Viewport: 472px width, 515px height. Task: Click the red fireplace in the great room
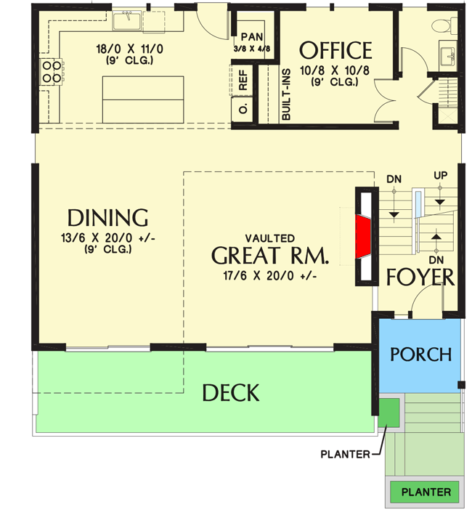pyautogui.click(x=362, y=237)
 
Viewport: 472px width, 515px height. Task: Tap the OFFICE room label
pyautogui.click(x=335, y=50)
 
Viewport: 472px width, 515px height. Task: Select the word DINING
pyautogui.click(x=107, y=217)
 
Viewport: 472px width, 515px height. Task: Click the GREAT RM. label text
pyautogui.click(x=270, y=256)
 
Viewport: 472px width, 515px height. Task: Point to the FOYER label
pyautogui.click(x=420, y=277)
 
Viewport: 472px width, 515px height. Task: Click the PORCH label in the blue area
pyautogui.click(x=420, y=354)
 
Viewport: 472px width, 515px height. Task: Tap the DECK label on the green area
pyautogui.click(x=230, y=393)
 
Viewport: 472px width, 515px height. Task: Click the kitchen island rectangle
pyautogui.click(x=143, y=100)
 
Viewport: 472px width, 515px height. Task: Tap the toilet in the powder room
pyautogui.click(x=442, y=25)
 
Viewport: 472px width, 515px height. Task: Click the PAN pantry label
pyautogui.click(x=252, y=36)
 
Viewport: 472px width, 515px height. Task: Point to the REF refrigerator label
pyautogui.click(x=243, y=81)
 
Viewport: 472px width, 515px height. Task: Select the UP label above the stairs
pyautogui.click(x=440, y=177)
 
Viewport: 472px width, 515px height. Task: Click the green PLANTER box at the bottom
pyautogui.click(x=426, y=492)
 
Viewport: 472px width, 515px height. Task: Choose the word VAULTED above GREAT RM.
pyautogui.click(x=269, y=238)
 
